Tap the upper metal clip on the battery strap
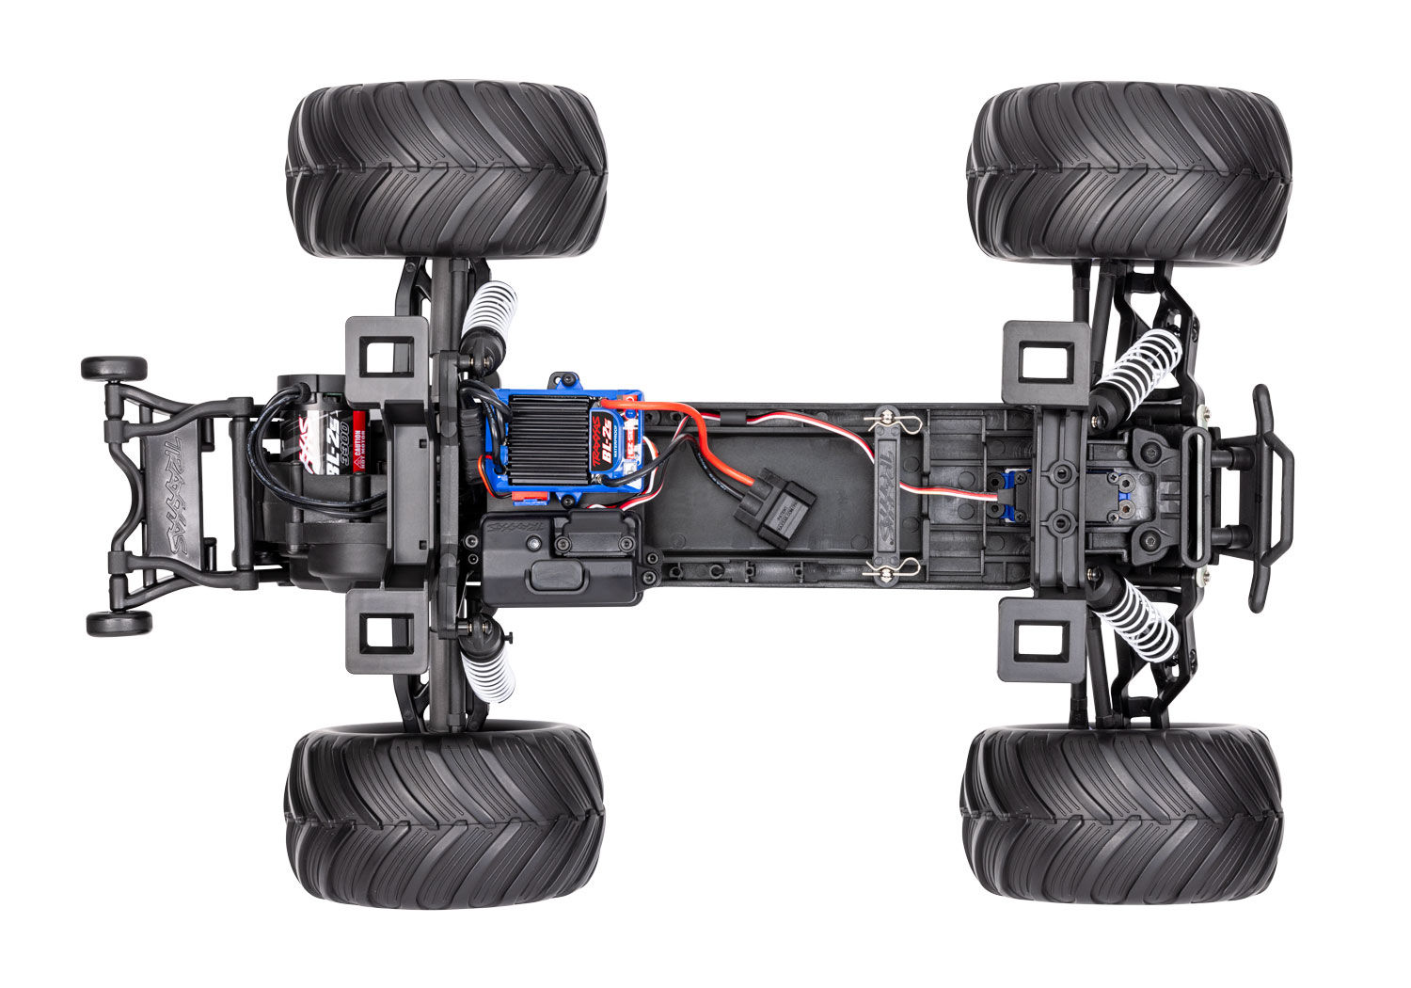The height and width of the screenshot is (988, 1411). coord(891,416)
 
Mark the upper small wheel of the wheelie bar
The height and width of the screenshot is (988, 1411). coord(113,367)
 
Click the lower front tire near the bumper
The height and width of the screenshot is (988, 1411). coord(1121,814)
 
